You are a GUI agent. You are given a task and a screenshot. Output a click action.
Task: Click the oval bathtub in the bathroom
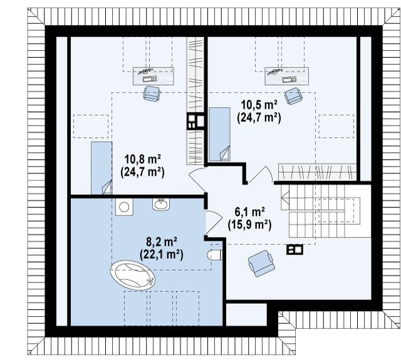[x=132, y=276]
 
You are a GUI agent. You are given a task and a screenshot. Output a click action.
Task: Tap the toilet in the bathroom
[x=215, y=255]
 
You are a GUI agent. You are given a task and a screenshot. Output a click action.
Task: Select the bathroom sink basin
[x=160, y=204]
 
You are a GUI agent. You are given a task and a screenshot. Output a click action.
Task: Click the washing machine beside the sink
[x=124, y=207]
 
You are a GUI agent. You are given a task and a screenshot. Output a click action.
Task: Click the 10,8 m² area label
[x=142, y=159]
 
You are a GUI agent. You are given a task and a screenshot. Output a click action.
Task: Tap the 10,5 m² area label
[x=259, y=105]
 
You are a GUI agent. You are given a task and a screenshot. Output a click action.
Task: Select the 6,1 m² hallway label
[x=249, y=212]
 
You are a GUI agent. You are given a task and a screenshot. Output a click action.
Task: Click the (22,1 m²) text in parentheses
[x=162, y=254]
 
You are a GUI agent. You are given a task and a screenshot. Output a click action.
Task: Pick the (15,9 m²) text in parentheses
[x=249, y=225]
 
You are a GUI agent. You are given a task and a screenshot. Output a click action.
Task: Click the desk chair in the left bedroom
[x=152, y=93]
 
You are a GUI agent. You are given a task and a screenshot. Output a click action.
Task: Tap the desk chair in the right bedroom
[x=293, y=96]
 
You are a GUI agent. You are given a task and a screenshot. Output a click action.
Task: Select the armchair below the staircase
[x=261, y=263]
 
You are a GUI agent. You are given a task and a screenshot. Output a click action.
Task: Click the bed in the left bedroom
[x=102, y=168]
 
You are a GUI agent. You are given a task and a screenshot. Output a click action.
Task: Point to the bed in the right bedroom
[x=219, y=134]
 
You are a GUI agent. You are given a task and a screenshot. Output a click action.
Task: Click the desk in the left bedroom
[x=153, y=76]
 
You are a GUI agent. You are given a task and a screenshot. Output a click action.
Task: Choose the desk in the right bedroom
[x=287, y=76]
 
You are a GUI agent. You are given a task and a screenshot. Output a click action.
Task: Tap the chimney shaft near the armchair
[x=294, y=249]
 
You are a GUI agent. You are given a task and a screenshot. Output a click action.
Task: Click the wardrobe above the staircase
[x=317, y=172]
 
